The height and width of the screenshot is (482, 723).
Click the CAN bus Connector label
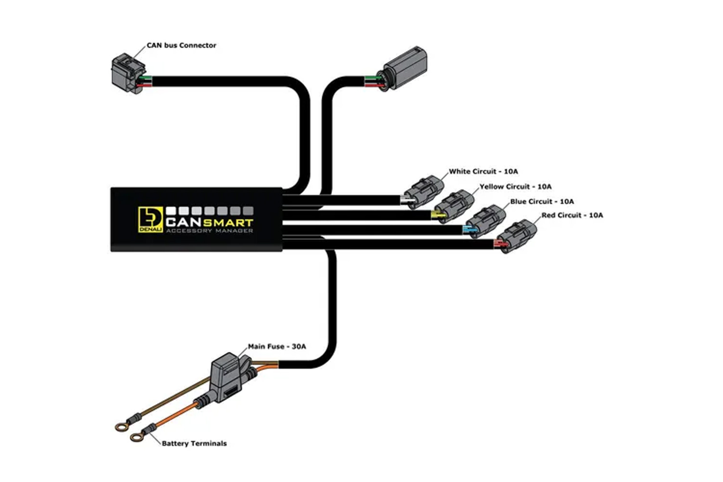click(x=181, y=45)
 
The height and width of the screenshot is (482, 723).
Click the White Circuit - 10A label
click(x=483, y=172)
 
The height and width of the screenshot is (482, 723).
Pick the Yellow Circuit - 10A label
click(x=515, y=187)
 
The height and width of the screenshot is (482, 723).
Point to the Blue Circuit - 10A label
click(x=542, y=202)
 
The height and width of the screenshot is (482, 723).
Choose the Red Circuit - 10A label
click(x=572, y=215)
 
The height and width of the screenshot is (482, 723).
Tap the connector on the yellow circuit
click(x=454, y=207)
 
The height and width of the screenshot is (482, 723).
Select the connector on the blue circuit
click(x=485, y=221)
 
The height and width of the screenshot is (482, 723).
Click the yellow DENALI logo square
click(x=150, y=219)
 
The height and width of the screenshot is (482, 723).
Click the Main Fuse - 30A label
click(x=277, y=347)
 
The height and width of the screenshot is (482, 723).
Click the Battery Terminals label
click(x=194, y=443)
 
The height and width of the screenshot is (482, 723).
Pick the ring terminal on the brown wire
click(x=121, y=428)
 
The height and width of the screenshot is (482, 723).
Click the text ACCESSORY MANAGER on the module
click(x=210, y=231)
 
